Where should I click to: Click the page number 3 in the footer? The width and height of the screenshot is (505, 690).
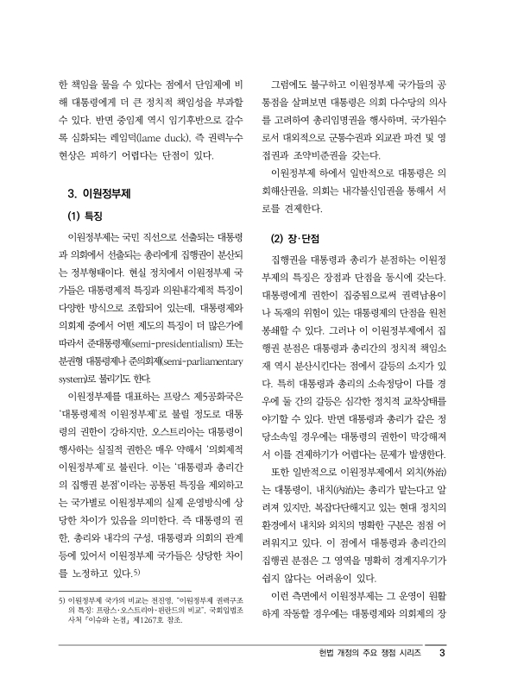click(441, 652)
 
